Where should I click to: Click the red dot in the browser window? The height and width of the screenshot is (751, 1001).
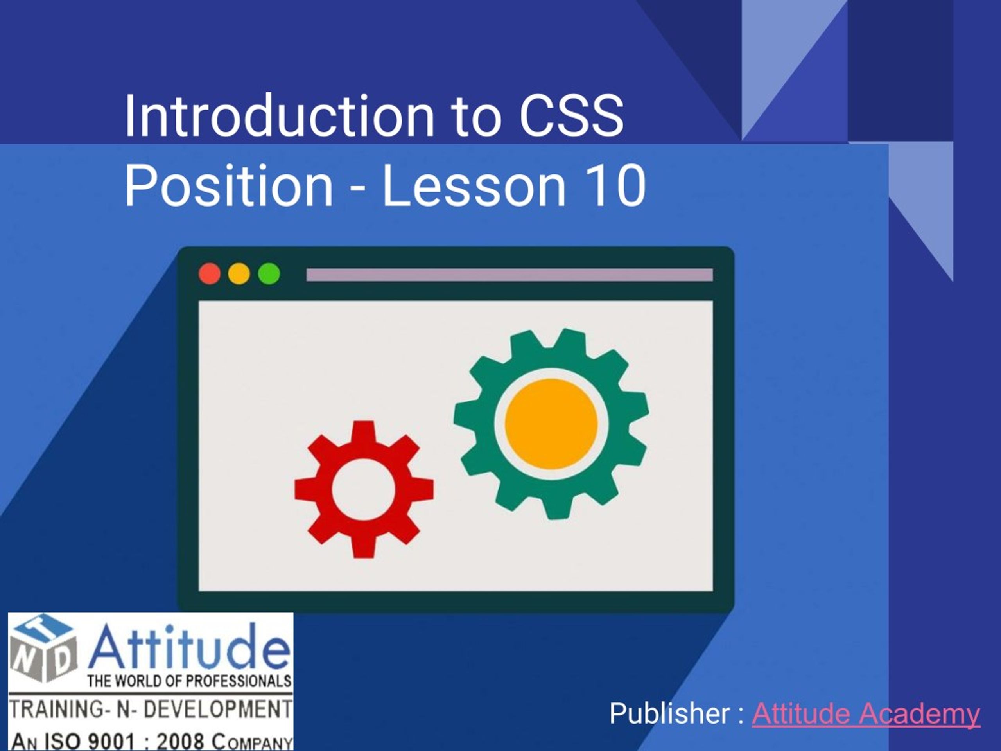pyautogui.click(x=210, y=274)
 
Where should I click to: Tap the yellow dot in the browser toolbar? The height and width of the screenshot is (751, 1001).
pyautogui.click(x=239, y=274)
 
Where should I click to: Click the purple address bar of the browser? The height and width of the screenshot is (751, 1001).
pyautogui.click(x=509, y=275)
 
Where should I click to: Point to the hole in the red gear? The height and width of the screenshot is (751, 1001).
pyautogui.click(x=363, y=489)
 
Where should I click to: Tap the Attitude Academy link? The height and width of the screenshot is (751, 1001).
pyautogui.click(x=866, y=714)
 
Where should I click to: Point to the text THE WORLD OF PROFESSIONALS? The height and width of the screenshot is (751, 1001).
pyautogui.click(x=189, y=681)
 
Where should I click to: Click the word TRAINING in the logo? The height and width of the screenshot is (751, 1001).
pyautogui.click(x=56, y=710)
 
